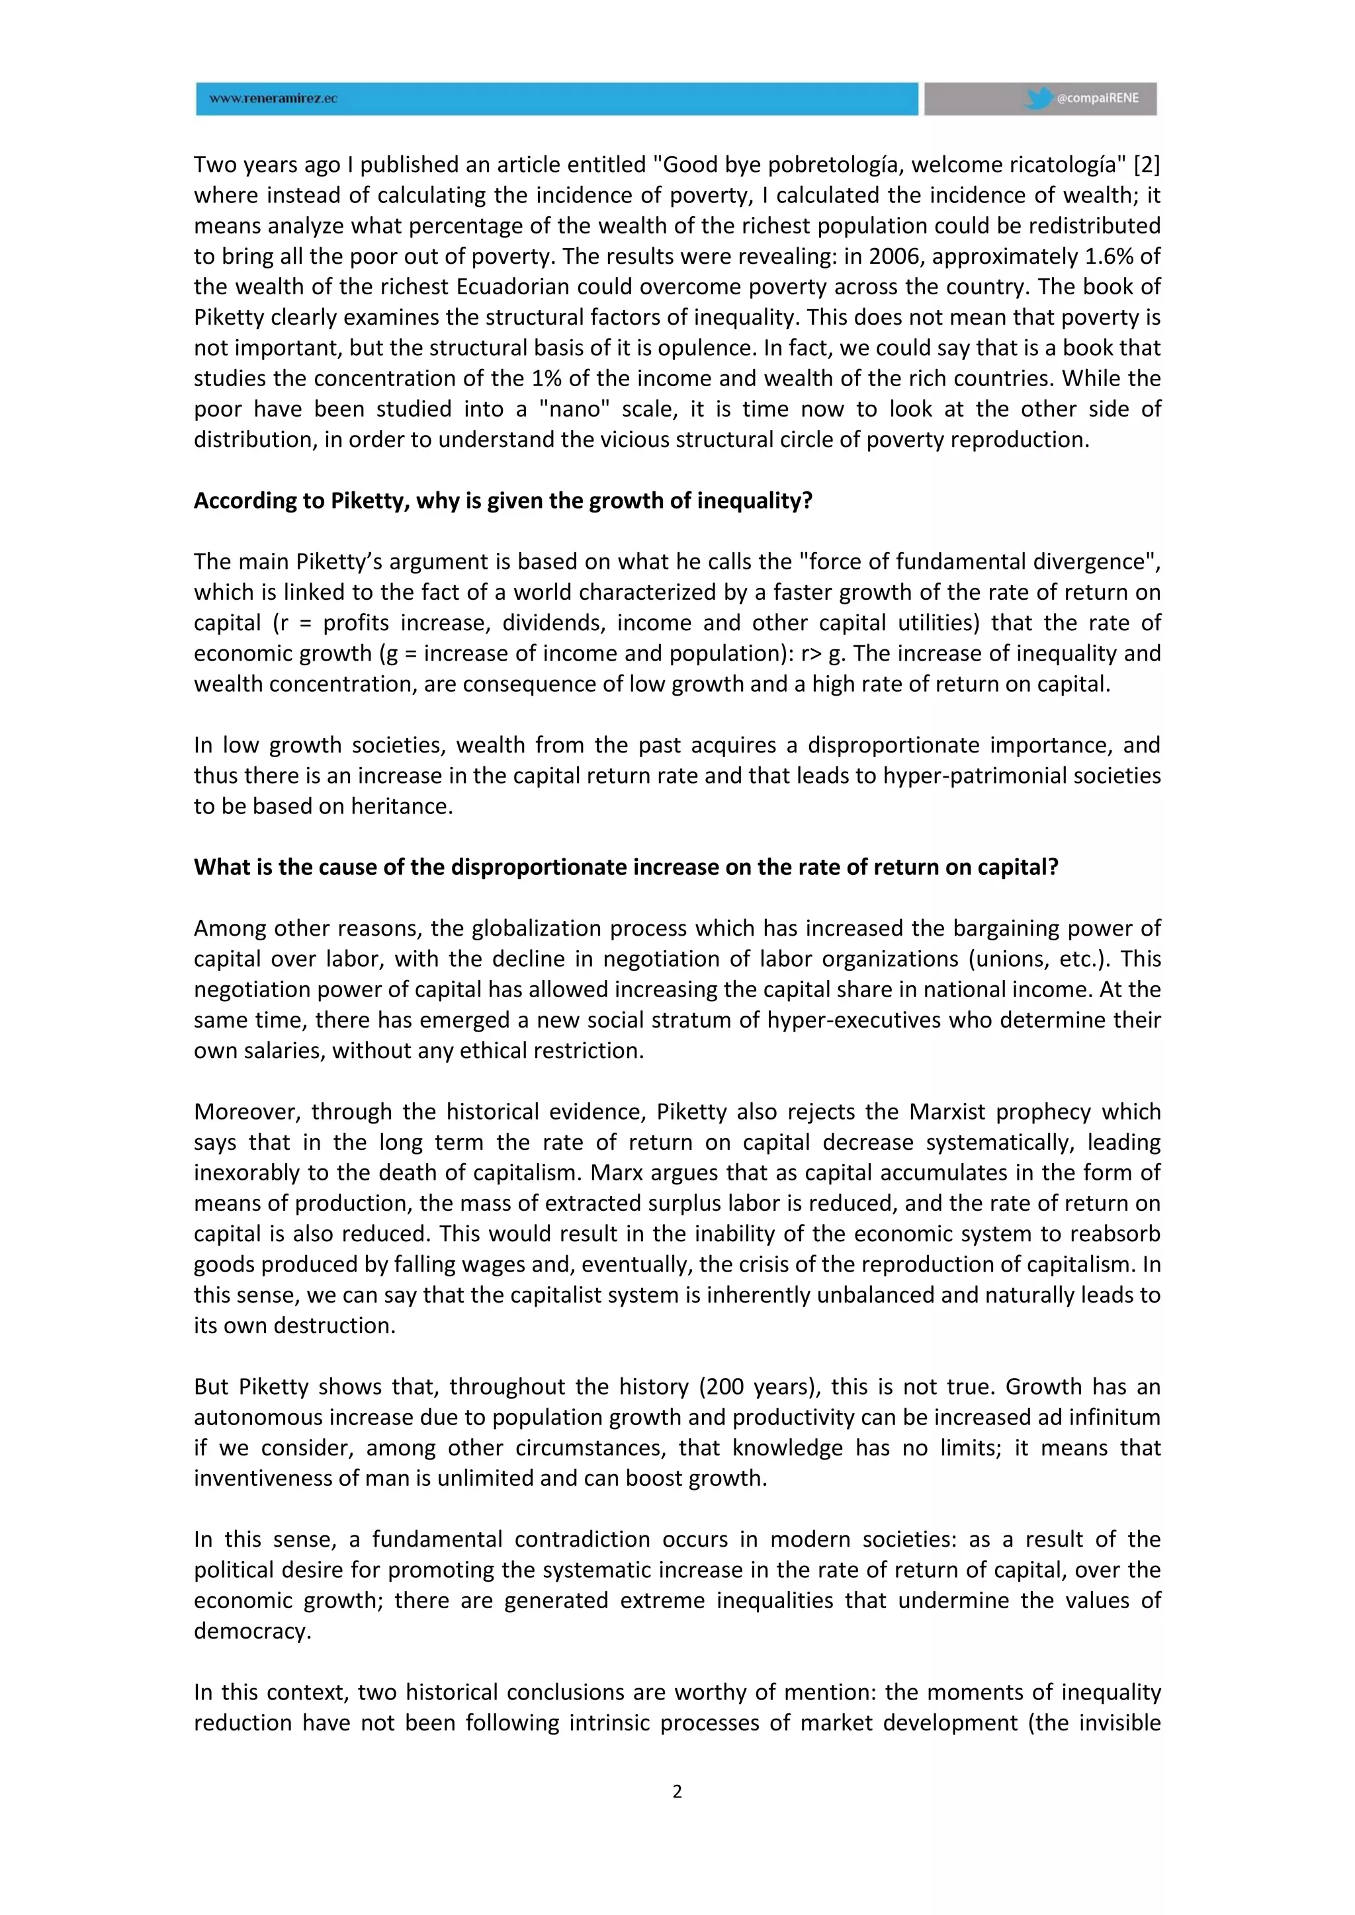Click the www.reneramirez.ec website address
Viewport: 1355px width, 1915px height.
(x=273, y=99)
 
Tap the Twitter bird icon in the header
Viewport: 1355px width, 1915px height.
(x=1038, y=99)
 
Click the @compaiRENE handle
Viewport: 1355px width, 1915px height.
(x=1097, y=99)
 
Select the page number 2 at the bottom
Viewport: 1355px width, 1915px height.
(x=677, y=1791)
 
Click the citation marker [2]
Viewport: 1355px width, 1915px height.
(x=1147, y=164)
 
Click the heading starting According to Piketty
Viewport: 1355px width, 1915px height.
(x=503, y=501)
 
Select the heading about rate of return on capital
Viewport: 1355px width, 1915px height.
(x=626, y=868)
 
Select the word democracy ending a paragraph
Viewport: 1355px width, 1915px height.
(x=252, y=1631)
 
